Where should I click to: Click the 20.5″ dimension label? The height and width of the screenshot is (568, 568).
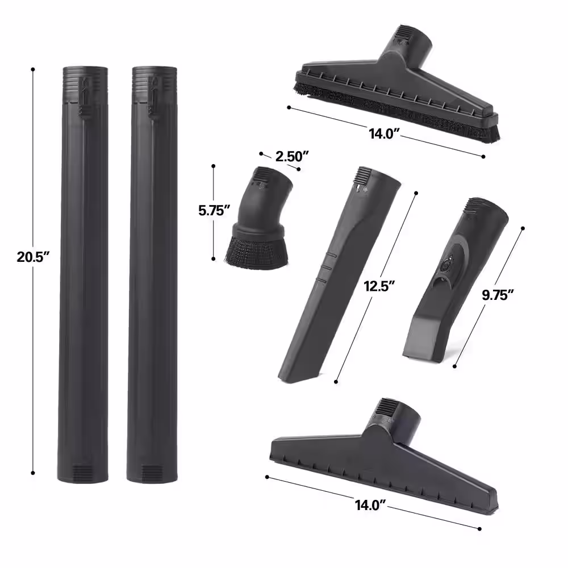[33, 257]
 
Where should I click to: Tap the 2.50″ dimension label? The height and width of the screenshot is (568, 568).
[292, 157]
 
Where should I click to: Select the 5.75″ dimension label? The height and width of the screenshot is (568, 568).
[215, 211]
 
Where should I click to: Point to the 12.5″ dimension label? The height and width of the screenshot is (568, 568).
[379, 286]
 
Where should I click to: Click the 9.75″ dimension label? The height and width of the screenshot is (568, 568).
[498, 295]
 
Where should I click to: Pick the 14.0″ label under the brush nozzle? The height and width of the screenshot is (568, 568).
[384, 134]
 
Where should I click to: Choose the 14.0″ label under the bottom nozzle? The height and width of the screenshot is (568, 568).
[370, 505]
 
